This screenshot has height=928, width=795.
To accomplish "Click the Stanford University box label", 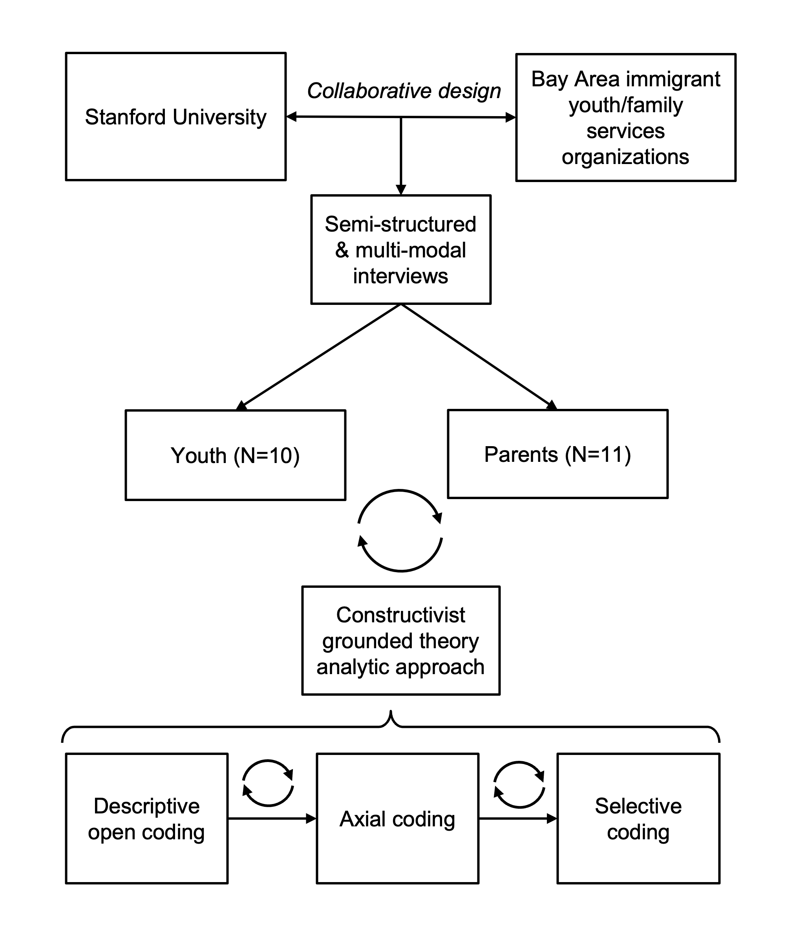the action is coord(175,117).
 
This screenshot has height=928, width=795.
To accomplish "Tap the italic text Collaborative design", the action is coord(404,91).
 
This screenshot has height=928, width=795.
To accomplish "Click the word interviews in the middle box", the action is coord(400,276).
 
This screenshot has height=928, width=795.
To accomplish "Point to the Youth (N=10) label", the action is coord(235,456).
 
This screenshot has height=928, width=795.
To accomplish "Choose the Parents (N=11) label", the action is coord(557,455).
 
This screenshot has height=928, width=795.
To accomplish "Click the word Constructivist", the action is coord(400,615).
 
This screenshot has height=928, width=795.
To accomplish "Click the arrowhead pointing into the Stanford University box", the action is coord(291,117).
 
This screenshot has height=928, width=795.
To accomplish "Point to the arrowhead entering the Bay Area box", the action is coord(510,117).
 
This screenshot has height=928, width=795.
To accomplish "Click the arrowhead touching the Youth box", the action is coord(241,406).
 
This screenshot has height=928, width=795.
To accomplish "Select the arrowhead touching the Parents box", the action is coord(552,405).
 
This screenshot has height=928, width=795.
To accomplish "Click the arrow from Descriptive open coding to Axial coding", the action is coord(272,819).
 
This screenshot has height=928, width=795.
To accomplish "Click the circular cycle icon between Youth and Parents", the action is coord(400,490).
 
